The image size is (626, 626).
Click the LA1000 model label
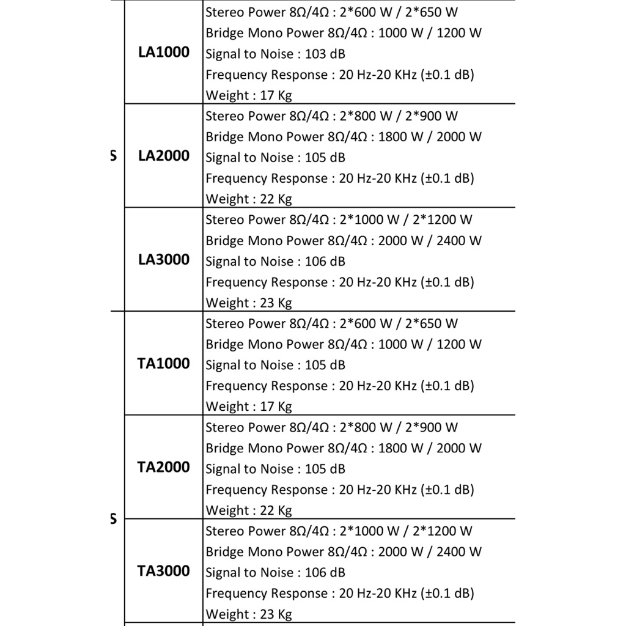(163, 53)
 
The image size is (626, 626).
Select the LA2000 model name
(163, 156)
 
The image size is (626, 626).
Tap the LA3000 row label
(163, 260)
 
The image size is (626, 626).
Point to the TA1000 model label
(163, 364)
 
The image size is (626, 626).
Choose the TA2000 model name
(163, 468)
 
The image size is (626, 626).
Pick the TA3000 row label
(163, 572)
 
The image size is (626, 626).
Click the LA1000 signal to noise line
(275, 54)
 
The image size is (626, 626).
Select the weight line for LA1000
(249, 95)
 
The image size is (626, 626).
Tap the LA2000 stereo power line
(331, 116)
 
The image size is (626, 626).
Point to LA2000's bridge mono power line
(344, 137)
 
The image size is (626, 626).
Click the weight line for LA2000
(249, 199)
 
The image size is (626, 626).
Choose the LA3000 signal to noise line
(275, 262)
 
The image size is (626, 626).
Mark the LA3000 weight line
(249, 303)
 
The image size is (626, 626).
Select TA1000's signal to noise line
(275, 366)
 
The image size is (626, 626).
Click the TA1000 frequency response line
(340, 386)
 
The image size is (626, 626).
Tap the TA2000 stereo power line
(331, 428)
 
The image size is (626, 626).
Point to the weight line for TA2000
(249, 511)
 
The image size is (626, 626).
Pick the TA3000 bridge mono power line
(344, 552)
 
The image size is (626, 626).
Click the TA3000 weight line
(249, 614)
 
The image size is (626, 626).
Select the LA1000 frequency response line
(340, 75)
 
